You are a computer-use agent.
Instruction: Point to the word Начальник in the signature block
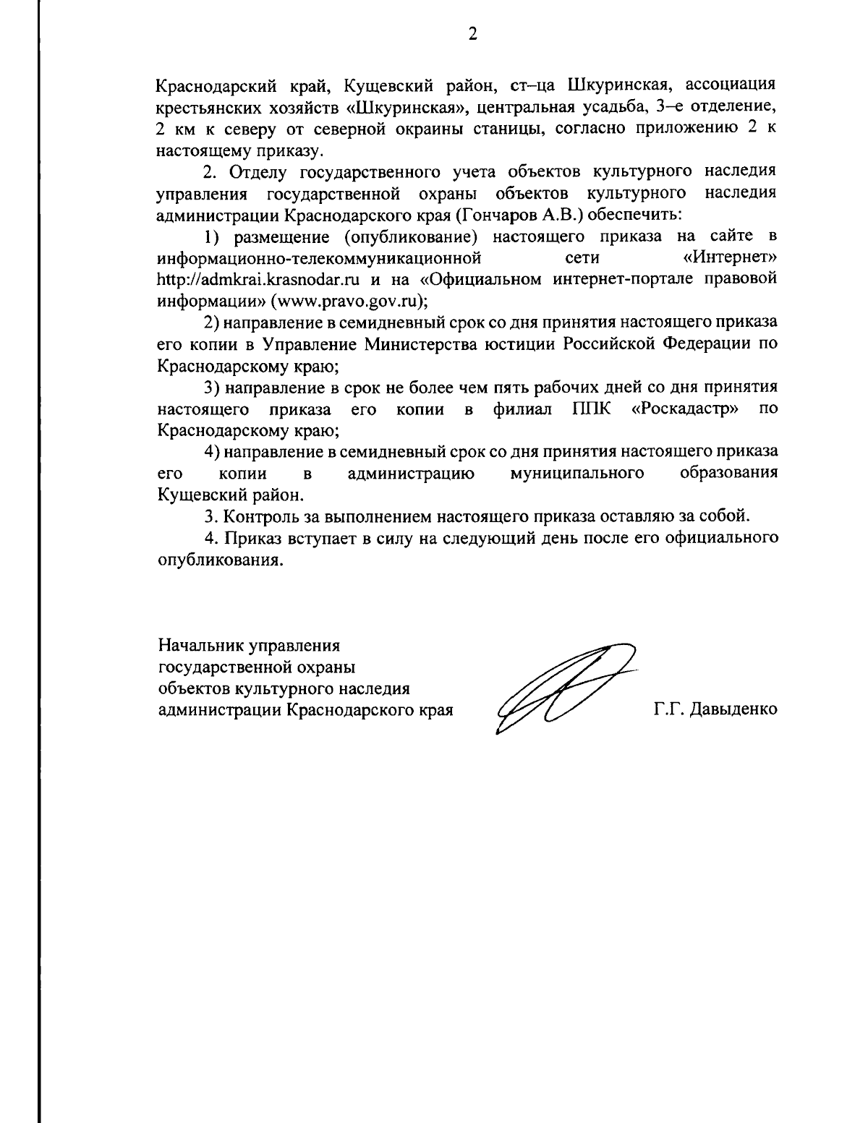(200, 644)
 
